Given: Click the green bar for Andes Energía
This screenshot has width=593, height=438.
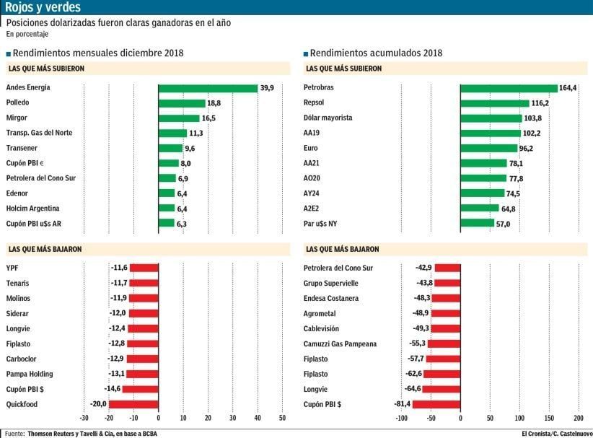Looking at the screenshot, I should click(x=208, y=88).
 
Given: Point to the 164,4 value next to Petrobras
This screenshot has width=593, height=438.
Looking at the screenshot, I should click(x=568, y=88).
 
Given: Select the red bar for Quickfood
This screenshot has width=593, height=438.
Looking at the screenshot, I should click(x=133, y=404).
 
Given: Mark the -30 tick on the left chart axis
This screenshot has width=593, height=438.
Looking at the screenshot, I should click(x=84, y=417).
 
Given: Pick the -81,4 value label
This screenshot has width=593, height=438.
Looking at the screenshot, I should click(x=400, y=404).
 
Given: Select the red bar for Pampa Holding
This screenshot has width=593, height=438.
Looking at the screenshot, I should click(x=142, y=374).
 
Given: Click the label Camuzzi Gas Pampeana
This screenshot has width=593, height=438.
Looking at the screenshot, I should click(x=346, y=343).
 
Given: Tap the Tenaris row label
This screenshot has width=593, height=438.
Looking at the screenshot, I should click(x=17, y=283).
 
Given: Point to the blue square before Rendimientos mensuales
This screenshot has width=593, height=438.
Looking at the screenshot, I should click(x=8, y=53).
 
